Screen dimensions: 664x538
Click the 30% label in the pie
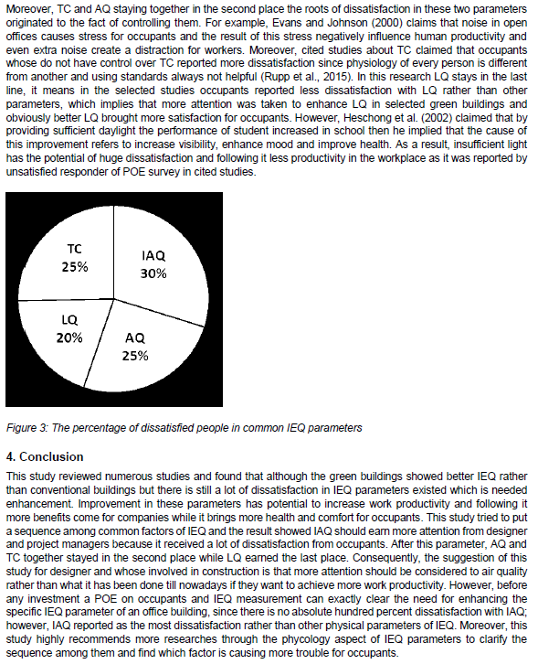click(x=153, y=273)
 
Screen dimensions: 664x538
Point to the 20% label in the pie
click(x=69, y=337)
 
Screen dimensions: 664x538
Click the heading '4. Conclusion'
click(x=45, y=456)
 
